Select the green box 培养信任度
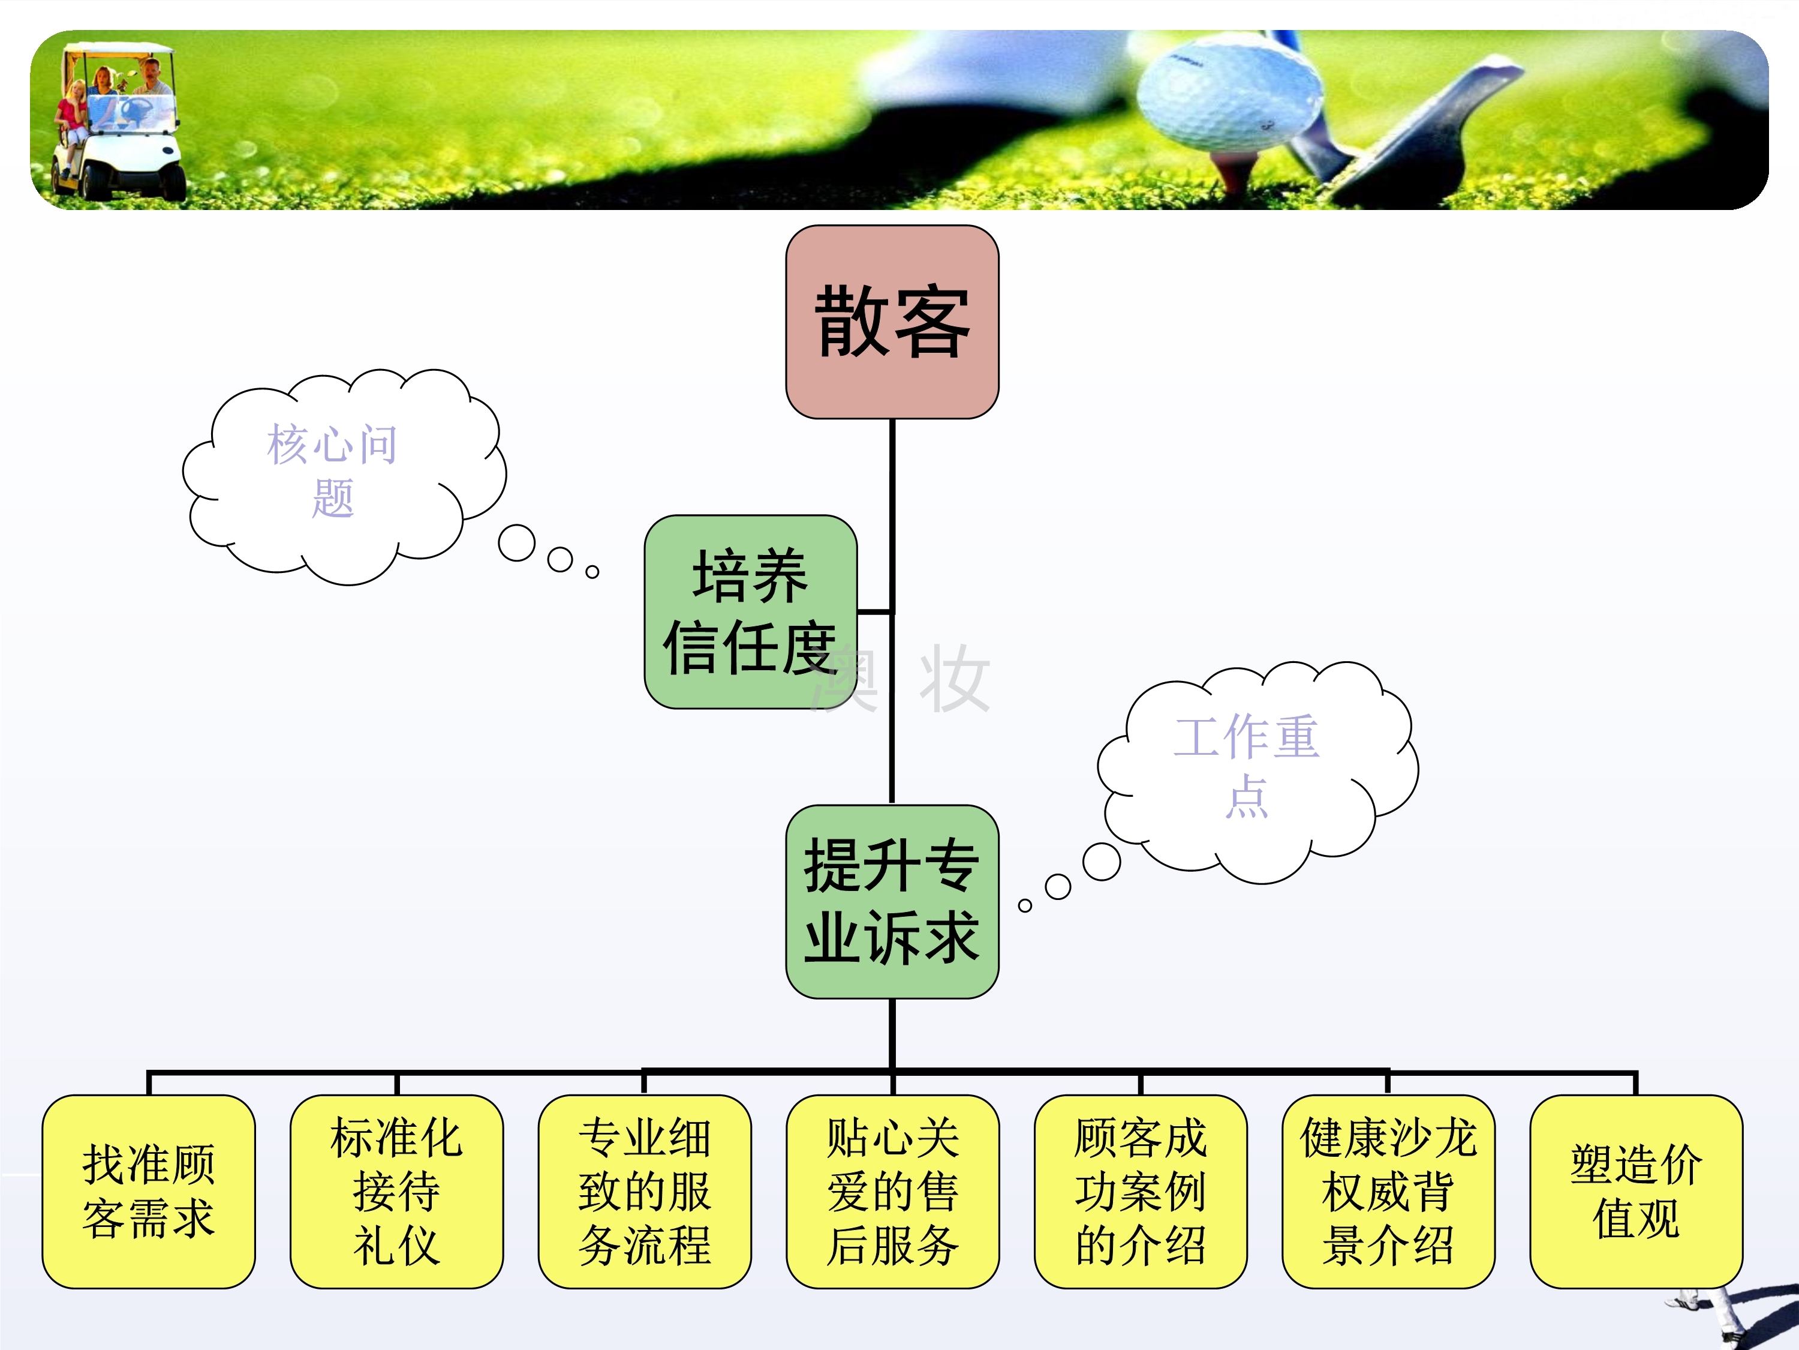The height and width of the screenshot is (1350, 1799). point(750,611)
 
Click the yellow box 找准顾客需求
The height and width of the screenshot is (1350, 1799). point(149,1192)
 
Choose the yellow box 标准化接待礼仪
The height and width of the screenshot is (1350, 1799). point(397,1192)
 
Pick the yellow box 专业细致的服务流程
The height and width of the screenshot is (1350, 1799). point(644,1192)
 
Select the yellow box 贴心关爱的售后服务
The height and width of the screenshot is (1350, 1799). point(892,1192)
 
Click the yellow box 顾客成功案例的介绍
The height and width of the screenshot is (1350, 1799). point(1140,1192)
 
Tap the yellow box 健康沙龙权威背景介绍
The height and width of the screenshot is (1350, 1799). point(1388,1192)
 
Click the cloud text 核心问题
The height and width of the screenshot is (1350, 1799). point(333,470)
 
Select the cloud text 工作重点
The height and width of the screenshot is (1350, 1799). point(1246,765)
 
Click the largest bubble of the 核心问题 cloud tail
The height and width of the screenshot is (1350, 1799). point(516,543)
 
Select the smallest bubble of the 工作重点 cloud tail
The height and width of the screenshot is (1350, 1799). point(1025,905)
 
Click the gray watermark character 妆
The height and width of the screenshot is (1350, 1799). point(953,679)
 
